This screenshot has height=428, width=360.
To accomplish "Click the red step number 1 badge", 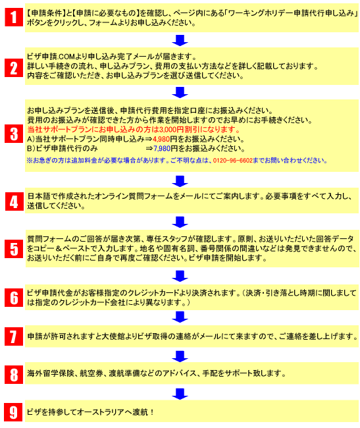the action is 14,17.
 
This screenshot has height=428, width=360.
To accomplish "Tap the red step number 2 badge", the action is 14,68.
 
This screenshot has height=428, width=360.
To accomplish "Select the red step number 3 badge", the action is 14,134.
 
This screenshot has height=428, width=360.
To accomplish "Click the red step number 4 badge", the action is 14,201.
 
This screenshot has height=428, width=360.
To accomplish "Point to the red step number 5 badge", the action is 14,249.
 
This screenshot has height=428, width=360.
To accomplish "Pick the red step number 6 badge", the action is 14,298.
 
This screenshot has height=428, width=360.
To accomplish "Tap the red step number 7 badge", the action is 14,336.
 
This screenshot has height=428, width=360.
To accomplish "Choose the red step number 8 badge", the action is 14,375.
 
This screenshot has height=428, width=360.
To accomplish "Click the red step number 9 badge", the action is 13,412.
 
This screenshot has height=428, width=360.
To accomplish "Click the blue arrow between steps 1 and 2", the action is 180,40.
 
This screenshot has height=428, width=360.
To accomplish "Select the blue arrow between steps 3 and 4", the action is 180,181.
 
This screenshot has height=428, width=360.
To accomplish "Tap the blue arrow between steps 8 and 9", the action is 180,394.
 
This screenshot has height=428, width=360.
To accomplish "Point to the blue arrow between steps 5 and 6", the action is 180,276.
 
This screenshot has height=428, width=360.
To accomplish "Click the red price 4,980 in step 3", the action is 161,139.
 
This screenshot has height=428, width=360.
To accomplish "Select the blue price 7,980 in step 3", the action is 162,149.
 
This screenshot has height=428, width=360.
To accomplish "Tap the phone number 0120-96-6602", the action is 232,161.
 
